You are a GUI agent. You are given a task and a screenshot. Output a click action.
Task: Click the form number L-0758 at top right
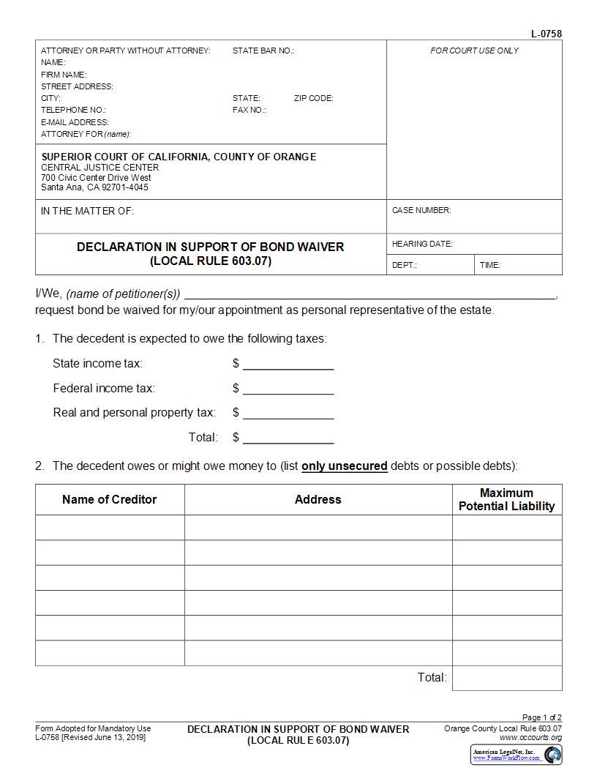(547, 34)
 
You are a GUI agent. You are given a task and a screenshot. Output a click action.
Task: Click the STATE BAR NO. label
(263, 51)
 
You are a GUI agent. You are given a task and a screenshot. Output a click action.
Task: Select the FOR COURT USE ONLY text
(474, 51)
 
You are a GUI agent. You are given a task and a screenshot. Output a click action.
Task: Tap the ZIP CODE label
(313, 98)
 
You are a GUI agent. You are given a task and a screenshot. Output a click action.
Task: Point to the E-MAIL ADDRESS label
(75, 122)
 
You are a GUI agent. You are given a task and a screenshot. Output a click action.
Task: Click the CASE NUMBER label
(421, 210)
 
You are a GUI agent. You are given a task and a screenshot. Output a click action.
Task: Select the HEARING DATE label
(422, 244)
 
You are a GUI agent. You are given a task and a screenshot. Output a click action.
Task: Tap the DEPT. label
(404, 265)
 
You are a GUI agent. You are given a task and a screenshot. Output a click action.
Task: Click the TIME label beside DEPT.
(490, 265)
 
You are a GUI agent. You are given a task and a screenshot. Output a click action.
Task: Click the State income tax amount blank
(288, 364)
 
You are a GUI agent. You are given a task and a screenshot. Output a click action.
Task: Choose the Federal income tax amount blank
(288, 389)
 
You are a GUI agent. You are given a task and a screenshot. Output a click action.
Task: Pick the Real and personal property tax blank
(288, 413)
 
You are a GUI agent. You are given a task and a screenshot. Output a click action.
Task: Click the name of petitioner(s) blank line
(369, 294)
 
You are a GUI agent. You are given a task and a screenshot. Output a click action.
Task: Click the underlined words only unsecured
(345, 466)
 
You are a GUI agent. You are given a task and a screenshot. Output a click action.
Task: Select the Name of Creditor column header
(110, 499)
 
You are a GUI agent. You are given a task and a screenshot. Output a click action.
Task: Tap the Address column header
(318, 499)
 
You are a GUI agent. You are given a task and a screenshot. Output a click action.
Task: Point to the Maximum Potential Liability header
(507, 499)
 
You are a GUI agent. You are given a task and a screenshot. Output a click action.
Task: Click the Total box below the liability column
(507, 678)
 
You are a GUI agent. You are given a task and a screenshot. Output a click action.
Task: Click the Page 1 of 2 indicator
(541, 717)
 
